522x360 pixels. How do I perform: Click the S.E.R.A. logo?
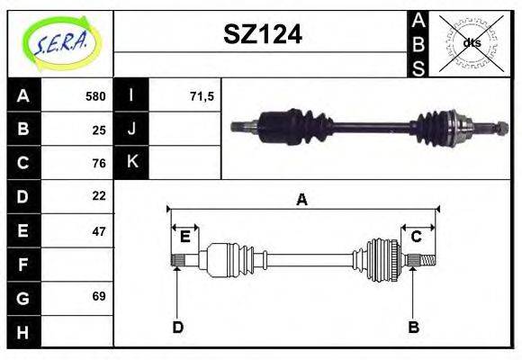tap(60, 41)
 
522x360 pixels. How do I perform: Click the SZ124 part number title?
tap(262, 36)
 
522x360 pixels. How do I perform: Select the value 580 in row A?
tap(95, 96)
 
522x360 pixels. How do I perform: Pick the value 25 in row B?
tap(99, 130)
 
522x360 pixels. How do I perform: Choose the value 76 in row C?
tap(99, 163)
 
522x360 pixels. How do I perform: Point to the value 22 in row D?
tap(99, 195)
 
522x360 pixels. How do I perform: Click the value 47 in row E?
tap(99, 230)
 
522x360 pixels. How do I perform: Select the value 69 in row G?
tap(99, 296)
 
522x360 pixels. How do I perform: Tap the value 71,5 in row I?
tap(202, 96)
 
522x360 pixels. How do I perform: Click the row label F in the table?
tap(23, 264)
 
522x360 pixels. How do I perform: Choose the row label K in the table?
tap(132, 163)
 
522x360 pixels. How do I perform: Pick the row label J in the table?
tap(132, 130)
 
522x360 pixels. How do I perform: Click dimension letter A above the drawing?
tap(301, 200)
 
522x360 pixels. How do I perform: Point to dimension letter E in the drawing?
tap(184, 237)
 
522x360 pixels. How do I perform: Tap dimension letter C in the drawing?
tap(416, 237)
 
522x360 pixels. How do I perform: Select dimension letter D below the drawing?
tap(178, 328)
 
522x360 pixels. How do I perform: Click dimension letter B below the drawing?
tap(414, 328)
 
